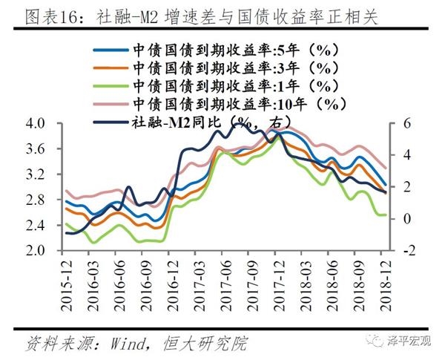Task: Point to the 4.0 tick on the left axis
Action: (x=36, y=123)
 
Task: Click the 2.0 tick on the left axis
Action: (x=36, y=251)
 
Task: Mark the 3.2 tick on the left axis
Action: (x=36, y=174)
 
